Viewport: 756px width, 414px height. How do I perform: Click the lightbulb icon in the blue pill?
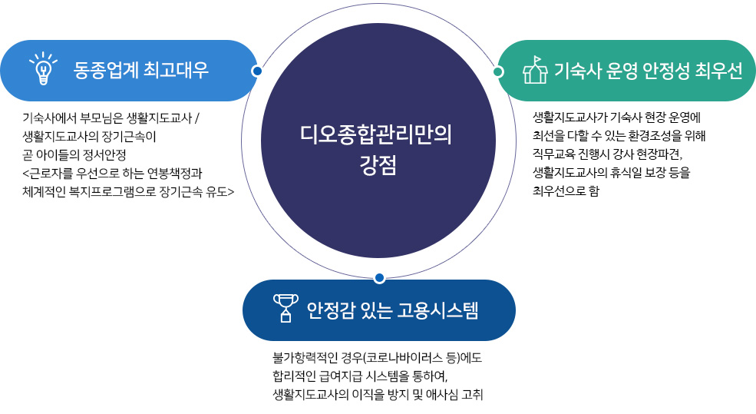pyautogui.click(x=43, y=68)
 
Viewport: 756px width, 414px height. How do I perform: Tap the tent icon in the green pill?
pyautogui.click(x=535, y=70)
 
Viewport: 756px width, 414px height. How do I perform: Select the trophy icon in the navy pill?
pyautogui.click(x=286, y=308)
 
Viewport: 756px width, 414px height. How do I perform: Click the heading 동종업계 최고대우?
pyautogui.click(x=140, y=71)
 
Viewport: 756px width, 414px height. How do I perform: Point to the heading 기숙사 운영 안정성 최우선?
pyautogui.click(x=648, y=71)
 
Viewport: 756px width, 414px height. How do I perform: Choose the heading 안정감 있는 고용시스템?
pyautogui.click(x=392, y=310)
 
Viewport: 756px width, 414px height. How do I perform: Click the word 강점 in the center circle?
pyautogui.click(x=378, y=165)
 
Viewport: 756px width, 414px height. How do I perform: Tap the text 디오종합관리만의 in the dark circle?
pyautogui.click(x=376, y=134)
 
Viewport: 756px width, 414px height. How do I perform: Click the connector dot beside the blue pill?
pyautogui.click(x=257, y=71)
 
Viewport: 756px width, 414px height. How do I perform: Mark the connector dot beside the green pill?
pyautogui.click(x=499, y=72)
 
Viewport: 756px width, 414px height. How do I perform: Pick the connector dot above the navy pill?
pyautogui.click(x=379, y=278)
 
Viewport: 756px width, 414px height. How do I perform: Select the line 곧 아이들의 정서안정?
pyautogui.click(x=74, y=155)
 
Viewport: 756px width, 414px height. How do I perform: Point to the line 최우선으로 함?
pyautogui.click(x=566, y=191)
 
